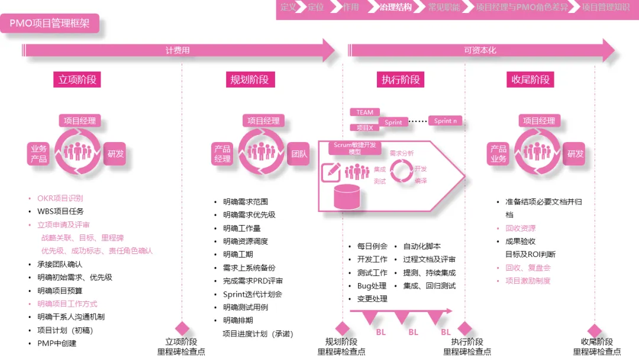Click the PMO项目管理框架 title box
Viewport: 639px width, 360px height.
[50, 24]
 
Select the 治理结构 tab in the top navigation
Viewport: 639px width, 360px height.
[396, 8]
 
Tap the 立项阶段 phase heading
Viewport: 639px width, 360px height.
[77, 79]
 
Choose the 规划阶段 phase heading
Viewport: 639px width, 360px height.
[249, 79]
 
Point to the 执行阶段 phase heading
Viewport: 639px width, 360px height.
[401, 79]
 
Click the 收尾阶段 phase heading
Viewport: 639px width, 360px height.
[531, 79]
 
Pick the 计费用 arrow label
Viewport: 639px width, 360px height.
[177, 50]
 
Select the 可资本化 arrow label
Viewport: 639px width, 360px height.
[480, 50]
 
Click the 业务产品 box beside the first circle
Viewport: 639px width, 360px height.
[39, 154]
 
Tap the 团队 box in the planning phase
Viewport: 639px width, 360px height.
[299, 154]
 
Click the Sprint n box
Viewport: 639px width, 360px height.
[445, 121]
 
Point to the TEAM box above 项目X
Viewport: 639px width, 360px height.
[364, 112]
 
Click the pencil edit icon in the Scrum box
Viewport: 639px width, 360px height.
[330, 172]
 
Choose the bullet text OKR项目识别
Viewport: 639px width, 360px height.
[60, 198]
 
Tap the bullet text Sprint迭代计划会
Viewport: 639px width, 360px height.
[253, 294]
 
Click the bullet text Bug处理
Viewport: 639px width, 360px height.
[372, 286]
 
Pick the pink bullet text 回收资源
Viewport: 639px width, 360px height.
[521, 228]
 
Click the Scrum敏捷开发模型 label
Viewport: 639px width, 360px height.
[355, 148]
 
